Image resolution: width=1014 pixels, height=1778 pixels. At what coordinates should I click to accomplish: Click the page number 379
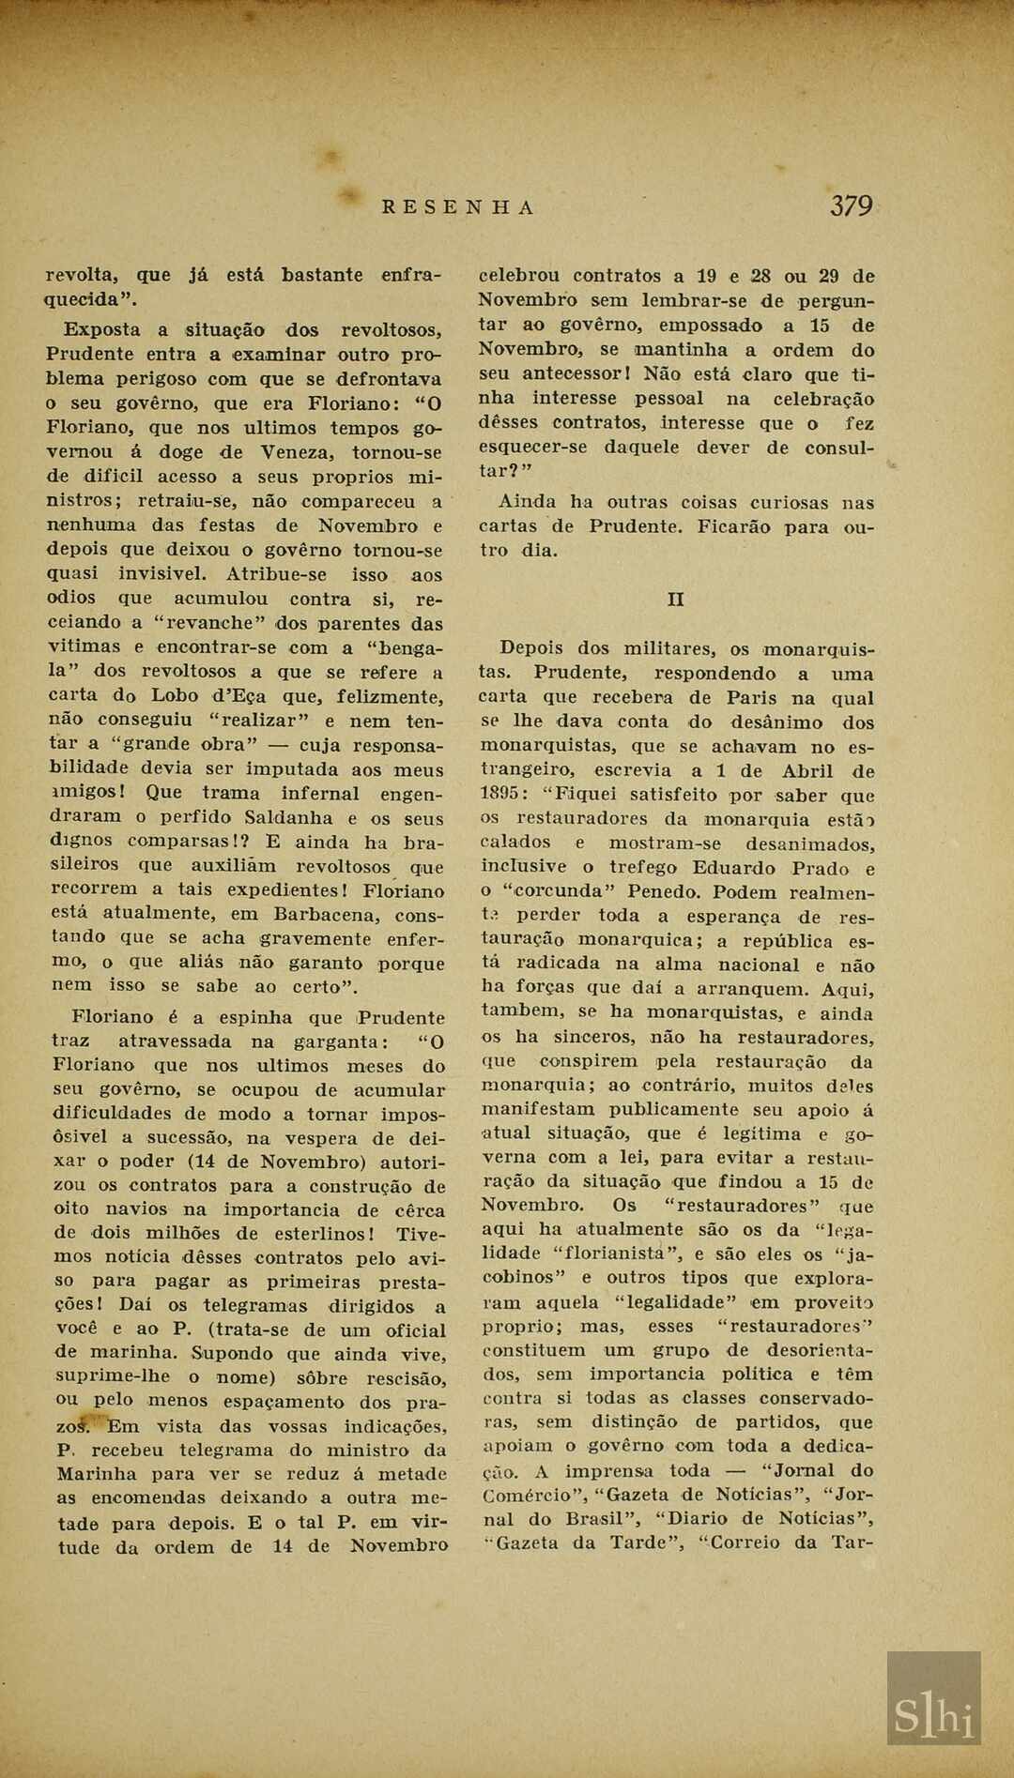pos(851,206)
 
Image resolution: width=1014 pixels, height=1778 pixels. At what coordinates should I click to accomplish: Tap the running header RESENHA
pos(458,207)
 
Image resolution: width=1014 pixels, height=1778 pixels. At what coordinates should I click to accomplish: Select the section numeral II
pos(675,600)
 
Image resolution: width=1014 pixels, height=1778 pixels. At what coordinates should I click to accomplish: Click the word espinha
pos(257,1017)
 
